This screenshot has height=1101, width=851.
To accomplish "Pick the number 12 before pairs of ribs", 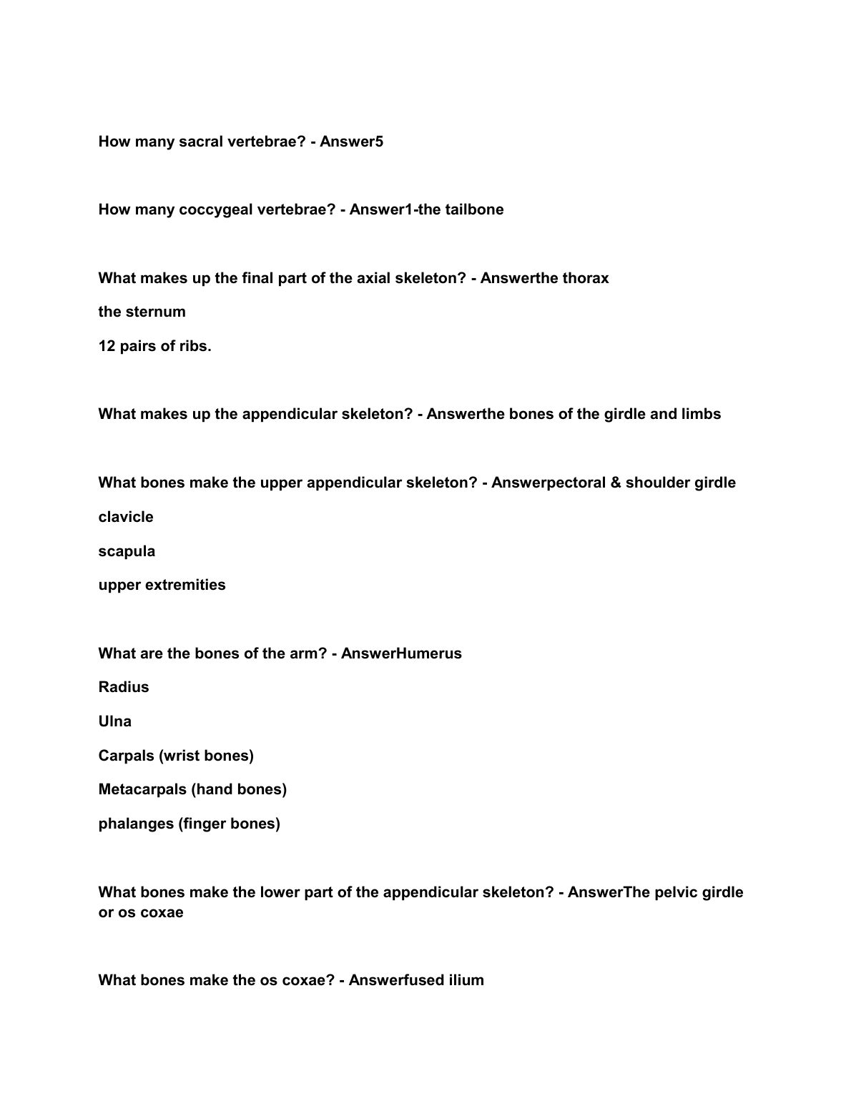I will (107, 346).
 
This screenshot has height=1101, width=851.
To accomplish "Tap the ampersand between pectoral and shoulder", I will (616, 483).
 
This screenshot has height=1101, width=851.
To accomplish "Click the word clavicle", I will (126, 517).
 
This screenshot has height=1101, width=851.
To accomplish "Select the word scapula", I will (127, 551).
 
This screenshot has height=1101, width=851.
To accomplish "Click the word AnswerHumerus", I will (401, 653).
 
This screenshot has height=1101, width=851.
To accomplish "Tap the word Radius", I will (124, 687).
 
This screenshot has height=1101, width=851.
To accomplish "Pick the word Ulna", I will (115, 721).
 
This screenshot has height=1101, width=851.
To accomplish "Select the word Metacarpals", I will (143, 789).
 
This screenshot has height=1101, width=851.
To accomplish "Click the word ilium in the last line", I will (466, 980).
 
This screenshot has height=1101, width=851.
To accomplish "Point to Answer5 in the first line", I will (351, 142).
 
